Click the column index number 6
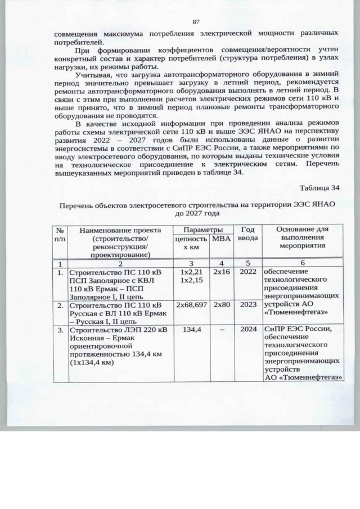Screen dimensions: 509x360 coord(303,263)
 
